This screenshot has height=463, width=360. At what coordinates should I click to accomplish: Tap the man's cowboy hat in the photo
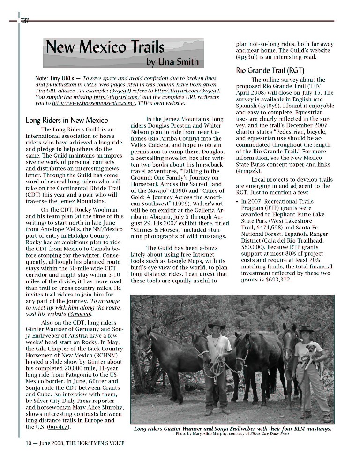pos(217,324)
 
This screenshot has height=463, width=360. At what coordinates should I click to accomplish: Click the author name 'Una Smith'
pos(179,61)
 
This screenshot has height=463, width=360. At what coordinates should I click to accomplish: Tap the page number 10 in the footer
pos(29,443)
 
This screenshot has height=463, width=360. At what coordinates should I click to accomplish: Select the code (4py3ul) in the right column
pos(250,57)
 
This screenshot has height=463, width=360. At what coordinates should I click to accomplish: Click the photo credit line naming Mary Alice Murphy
pos(232,434)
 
